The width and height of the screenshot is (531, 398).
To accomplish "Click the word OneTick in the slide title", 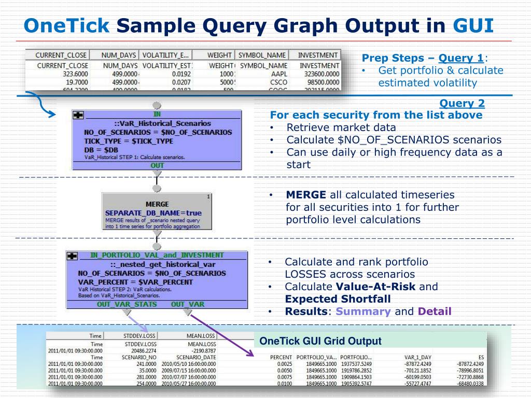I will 67,24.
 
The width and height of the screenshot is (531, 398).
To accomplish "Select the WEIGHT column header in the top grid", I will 219,55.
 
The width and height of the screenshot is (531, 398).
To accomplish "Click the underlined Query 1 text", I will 461,58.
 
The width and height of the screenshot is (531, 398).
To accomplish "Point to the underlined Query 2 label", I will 462,104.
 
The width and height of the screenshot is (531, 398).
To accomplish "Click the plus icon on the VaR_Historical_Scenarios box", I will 78,115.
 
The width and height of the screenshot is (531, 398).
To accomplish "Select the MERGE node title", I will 157,204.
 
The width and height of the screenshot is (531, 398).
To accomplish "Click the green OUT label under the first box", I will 157,165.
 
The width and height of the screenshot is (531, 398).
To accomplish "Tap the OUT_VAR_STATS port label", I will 127,304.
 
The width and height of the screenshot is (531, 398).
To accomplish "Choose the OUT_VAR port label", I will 188,304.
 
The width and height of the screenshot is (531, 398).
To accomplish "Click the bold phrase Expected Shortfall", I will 338,299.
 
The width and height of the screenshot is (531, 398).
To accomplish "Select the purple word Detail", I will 435,311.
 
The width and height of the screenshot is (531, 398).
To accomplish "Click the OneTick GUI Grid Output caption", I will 320,341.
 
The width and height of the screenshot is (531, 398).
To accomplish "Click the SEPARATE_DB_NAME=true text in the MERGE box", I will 153,212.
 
